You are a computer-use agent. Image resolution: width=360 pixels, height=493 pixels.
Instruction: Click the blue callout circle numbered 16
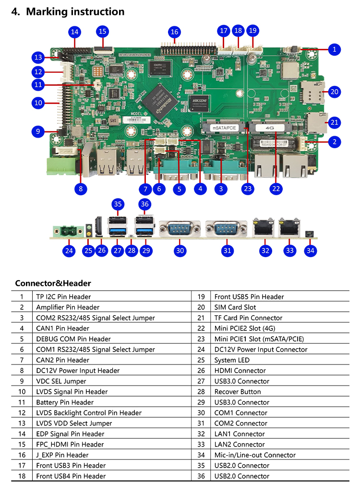pos(174,32)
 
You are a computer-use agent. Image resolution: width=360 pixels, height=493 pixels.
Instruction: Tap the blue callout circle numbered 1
pos(335,49)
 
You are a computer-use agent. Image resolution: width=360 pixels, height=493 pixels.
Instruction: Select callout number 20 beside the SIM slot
pos(335,92)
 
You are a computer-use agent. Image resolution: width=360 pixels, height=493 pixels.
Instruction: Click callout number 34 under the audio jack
pos(311,250)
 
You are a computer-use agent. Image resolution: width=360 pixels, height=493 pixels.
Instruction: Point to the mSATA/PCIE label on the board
pos(222,128)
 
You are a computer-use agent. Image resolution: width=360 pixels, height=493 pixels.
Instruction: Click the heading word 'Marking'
pos(48,12)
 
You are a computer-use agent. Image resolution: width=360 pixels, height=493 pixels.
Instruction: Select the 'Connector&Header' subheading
pos(53,283)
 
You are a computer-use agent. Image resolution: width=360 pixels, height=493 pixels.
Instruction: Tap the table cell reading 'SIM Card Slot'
pos(235,307)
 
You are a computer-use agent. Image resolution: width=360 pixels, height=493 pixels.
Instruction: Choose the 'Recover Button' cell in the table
pos(238,392)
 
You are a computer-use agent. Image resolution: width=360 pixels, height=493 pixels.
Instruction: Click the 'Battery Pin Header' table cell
pos(65,402)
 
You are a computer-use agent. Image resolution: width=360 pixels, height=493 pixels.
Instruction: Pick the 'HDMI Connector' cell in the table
pos(240,371)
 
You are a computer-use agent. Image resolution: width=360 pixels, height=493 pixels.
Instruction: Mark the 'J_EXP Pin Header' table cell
pos(62,455)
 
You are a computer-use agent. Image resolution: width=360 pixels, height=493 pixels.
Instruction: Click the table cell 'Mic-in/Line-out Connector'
pos(255,455)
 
